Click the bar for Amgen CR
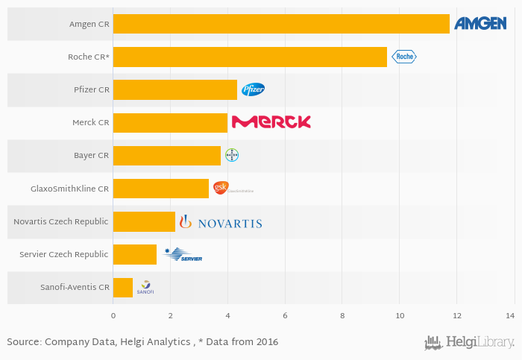281,24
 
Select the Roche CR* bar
250,57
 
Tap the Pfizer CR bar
175,89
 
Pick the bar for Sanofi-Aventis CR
123,287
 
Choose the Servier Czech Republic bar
135,254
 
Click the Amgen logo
480,24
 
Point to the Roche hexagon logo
404,57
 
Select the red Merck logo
271,122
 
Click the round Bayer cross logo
232,155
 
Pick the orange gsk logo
221,188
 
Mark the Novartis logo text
230,222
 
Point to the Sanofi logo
145,288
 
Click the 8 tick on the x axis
342,316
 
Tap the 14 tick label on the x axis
513,316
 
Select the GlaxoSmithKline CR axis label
69,189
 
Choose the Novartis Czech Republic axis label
61,221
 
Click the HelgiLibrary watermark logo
470,343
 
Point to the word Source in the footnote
23,341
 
